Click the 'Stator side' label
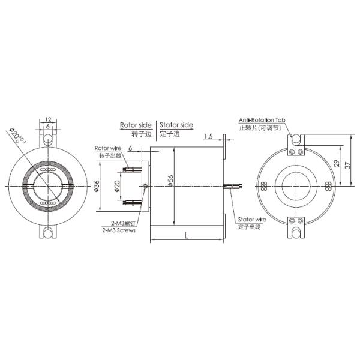[176, 125]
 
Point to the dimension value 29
[337, 164]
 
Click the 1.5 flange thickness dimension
[208, 136]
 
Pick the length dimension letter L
[187, 236]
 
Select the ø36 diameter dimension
[97, 187]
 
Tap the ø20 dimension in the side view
[116, 186]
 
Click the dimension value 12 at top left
[49, 119]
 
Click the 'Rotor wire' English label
[108, 148]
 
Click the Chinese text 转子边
[136, 134]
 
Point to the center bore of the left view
[48, 185]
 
